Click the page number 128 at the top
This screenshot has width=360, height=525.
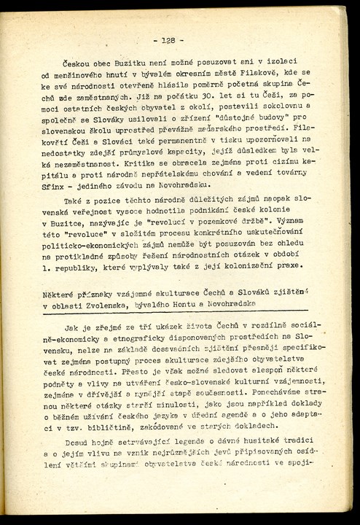point(168,40)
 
